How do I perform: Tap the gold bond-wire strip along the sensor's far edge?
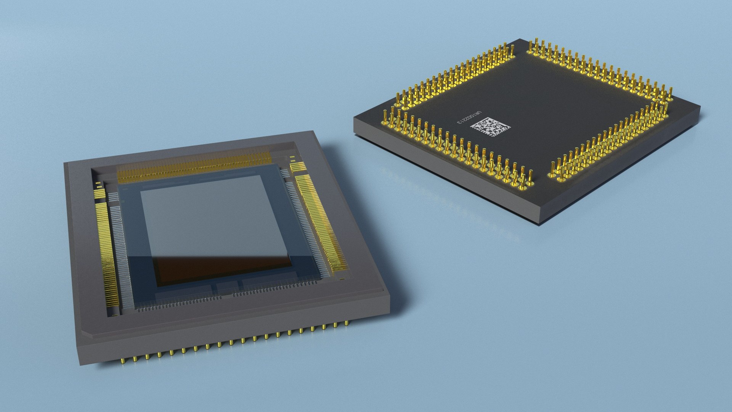coord(194,168)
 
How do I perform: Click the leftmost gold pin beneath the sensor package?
coord(123,360)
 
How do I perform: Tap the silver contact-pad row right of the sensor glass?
coord(305,225)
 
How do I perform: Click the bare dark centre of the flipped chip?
coord(534,103)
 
